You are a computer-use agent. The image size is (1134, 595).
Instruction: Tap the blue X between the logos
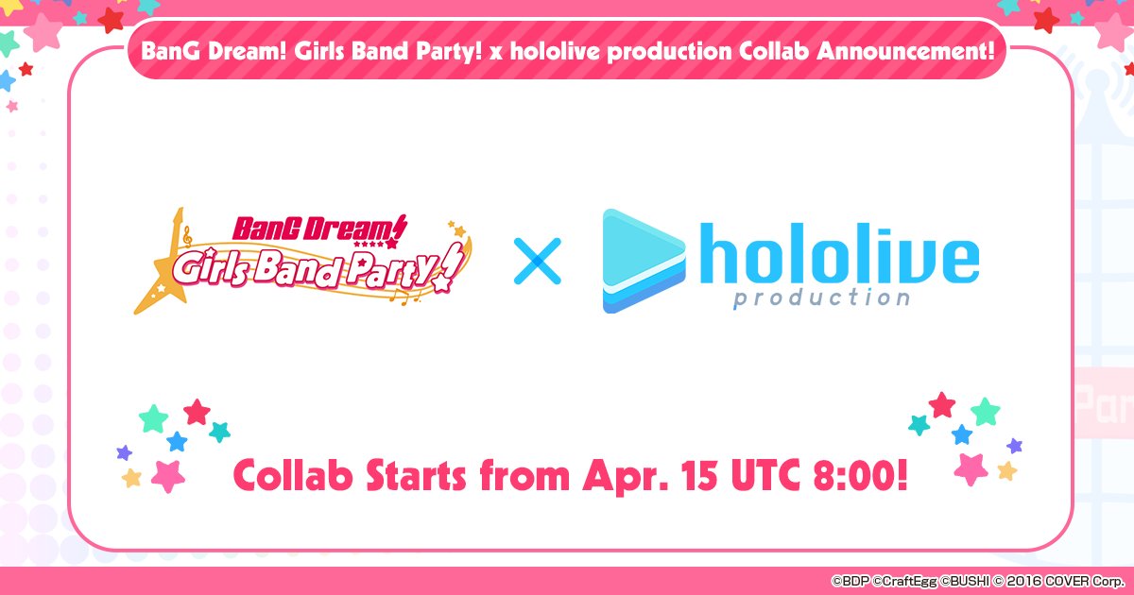click(537, 262)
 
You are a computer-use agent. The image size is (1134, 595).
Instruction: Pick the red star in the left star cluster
click(197, 411)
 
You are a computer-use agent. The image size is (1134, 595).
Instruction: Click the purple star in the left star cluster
click(124, 452)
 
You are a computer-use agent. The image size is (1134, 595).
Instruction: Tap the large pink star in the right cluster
click(971, 467)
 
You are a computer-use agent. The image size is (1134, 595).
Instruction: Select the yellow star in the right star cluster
click(1007, 470)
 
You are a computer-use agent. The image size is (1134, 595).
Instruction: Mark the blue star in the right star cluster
click(962, 434)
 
